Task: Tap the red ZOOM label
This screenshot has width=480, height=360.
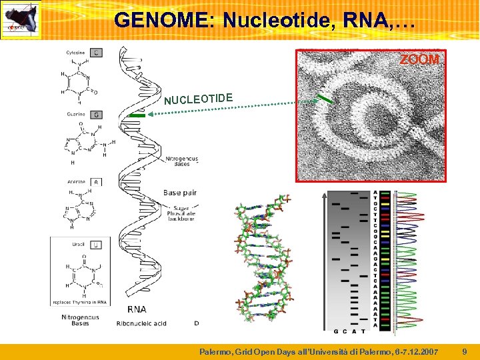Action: click(419, 60)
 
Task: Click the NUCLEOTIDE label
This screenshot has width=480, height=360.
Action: click(199, 99)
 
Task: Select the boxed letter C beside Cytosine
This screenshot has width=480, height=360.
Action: click(97, 53)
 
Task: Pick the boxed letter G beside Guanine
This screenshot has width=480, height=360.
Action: click(97, 115)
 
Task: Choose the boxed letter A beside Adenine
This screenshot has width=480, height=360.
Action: click(96, 181)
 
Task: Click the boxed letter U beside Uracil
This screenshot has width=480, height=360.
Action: click(97, 245)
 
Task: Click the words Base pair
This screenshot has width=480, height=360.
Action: click(181, 193)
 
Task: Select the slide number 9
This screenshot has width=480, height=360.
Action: click(465, 351)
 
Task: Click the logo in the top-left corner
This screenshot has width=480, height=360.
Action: click(21, 20)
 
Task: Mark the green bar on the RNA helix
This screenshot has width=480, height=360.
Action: click(137, 115)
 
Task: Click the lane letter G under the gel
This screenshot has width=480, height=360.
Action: click(335, 331)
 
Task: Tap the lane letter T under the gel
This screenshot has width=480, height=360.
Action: click(363, 331)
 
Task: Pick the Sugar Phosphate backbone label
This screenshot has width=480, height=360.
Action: click(181, 213)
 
